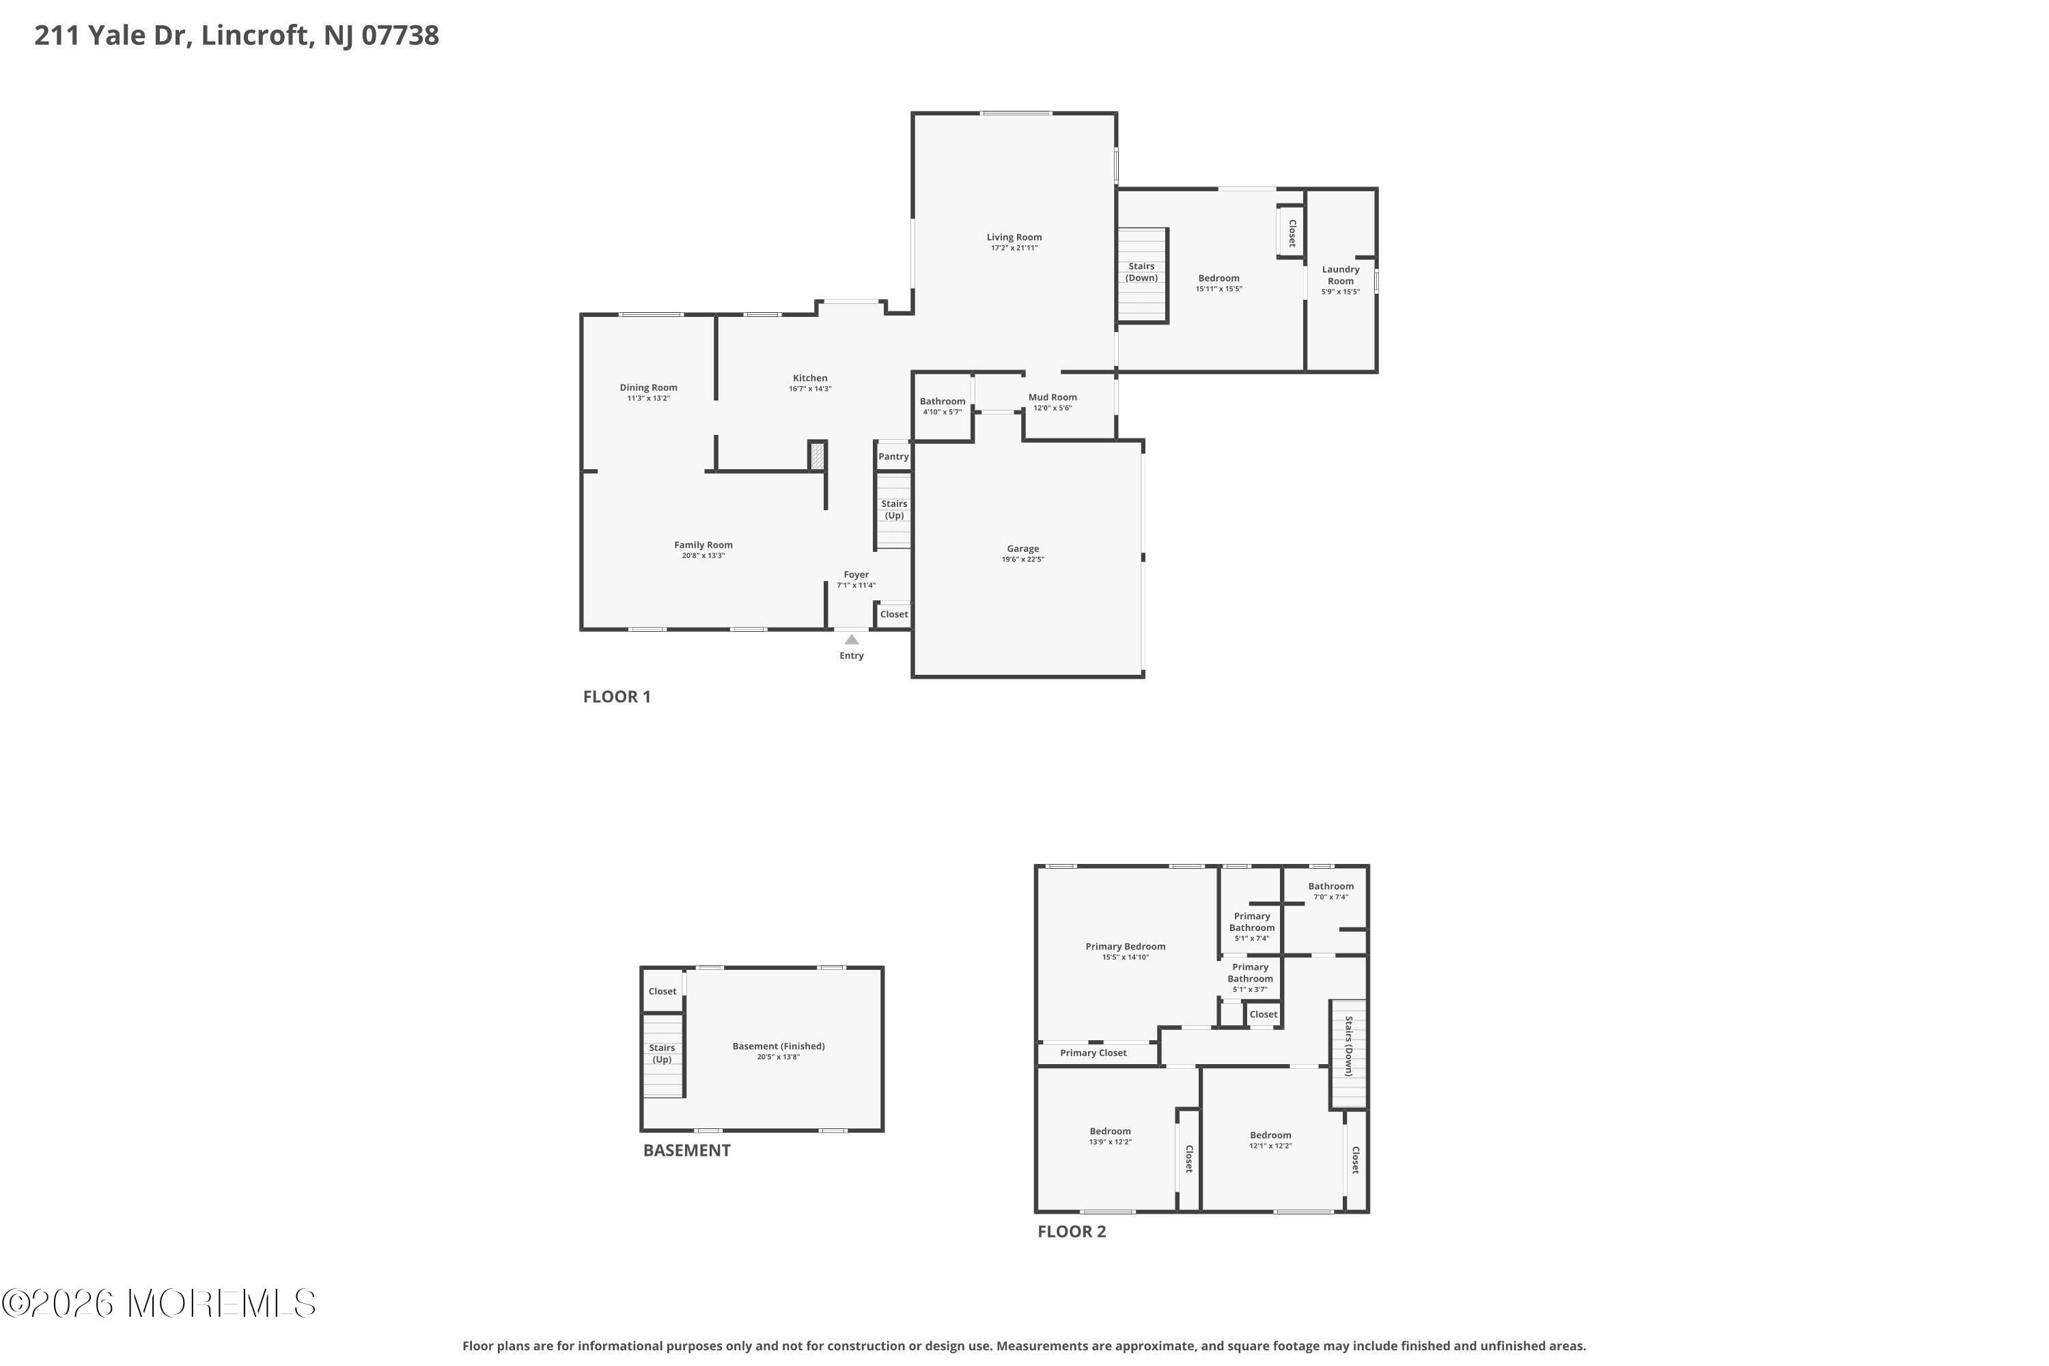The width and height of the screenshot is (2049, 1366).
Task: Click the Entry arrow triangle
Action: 851,639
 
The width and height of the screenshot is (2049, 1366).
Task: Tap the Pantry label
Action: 893,456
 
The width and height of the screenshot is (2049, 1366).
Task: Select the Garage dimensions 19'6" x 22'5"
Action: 1022,559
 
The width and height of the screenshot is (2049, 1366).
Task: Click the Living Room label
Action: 1014,237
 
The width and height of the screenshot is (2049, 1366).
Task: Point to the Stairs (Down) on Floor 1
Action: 1141,273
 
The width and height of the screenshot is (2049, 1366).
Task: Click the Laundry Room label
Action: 1340,275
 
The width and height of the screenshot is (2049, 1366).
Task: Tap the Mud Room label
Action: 1053,398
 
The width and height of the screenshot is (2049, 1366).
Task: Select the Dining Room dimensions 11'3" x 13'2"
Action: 648,398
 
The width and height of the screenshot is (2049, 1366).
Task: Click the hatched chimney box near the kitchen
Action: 816,456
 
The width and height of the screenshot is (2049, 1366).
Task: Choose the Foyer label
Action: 856,575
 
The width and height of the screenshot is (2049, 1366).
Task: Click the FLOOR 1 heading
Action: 617,697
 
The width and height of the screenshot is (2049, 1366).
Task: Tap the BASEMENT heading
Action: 686,1150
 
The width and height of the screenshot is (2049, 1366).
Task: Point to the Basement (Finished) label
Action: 778,1046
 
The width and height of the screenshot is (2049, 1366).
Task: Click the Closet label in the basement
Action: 662,992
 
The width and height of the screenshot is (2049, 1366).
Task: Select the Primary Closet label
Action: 1093,1053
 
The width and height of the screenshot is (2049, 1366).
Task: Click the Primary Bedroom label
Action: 1125,946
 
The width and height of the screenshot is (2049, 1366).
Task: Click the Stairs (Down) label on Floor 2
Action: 1348,1046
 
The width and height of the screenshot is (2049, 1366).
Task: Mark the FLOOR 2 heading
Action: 1072,1232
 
